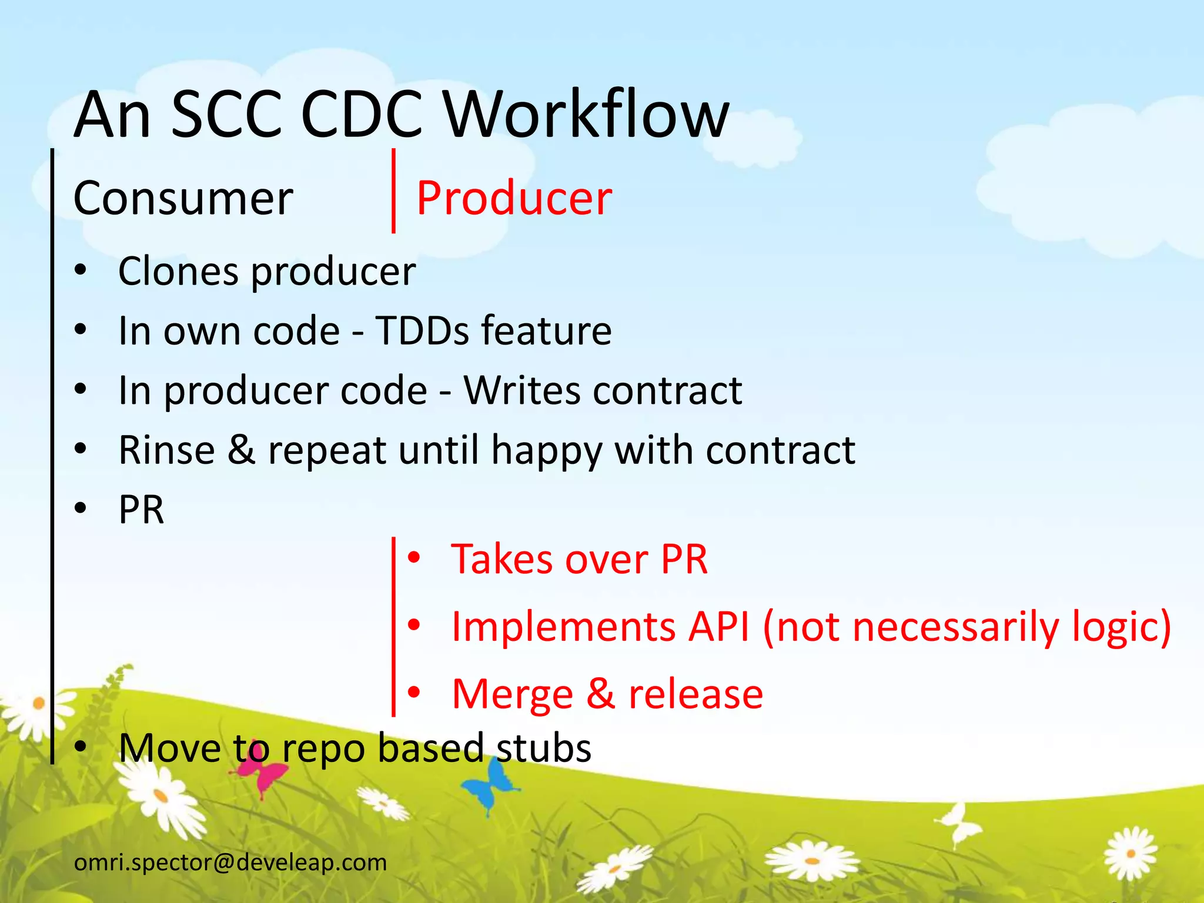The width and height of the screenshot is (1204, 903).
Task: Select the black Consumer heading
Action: [183, 199]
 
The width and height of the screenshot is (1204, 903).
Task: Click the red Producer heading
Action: [514, 199]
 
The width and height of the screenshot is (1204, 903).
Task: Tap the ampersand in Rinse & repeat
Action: [241, 450]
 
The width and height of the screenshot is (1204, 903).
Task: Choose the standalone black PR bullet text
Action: [141, 510]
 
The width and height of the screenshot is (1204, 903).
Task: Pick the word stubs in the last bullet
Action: [544, 748]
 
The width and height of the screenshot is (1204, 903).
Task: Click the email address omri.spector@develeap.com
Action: [230, 862]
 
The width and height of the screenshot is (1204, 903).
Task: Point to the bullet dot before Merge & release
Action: [414, 693]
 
